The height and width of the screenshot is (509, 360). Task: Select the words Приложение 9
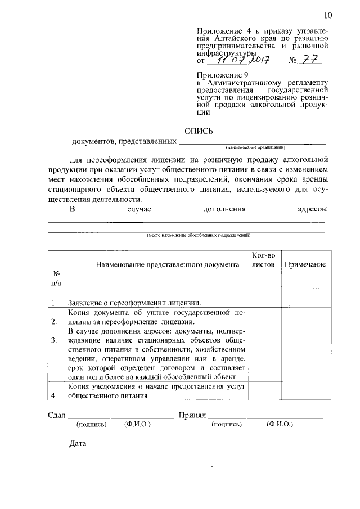click(x=222, y=75)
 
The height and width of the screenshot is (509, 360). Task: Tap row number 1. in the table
click(x=55, y=303)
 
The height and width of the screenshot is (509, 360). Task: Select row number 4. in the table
click(x=55, y=395)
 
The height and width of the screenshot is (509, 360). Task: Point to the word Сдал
click(x=55, y=416)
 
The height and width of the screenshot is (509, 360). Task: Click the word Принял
click(x=192, y=416)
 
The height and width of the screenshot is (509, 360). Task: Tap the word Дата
click(x=78, y=444)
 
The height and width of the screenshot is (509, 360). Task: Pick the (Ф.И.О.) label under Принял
click(x=280, y=425)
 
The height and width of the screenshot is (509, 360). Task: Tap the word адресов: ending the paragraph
click(x=312, y=210)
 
